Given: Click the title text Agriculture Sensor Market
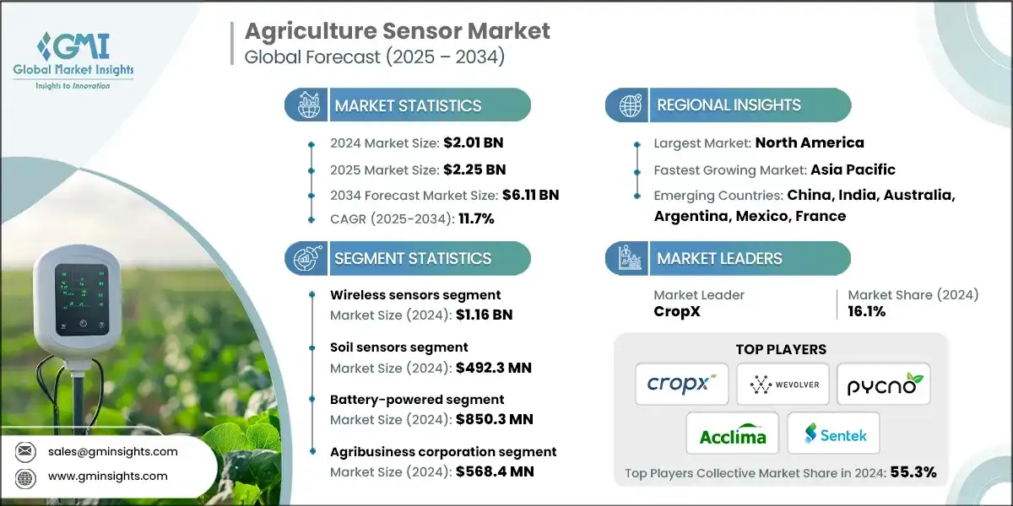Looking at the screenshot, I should pos(397,32).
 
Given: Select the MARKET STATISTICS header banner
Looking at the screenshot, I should pos(408,105).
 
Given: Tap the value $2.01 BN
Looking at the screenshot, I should pos(474,143).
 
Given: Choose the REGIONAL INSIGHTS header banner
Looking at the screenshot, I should pos(728,105).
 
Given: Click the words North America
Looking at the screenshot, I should pos(809,143).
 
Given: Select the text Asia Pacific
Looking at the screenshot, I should pos(853,170).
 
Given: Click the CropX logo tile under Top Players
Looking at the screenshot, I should pos(681,384).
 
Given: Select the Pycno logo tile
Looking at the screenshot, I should pos(883,384).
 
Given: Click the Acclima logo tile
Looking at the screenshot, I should pos(732,433).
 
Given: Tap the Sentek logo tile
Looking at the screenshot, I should pos(833,433).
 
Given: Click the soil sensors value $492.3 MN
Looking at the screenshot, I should pos(493,368).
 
